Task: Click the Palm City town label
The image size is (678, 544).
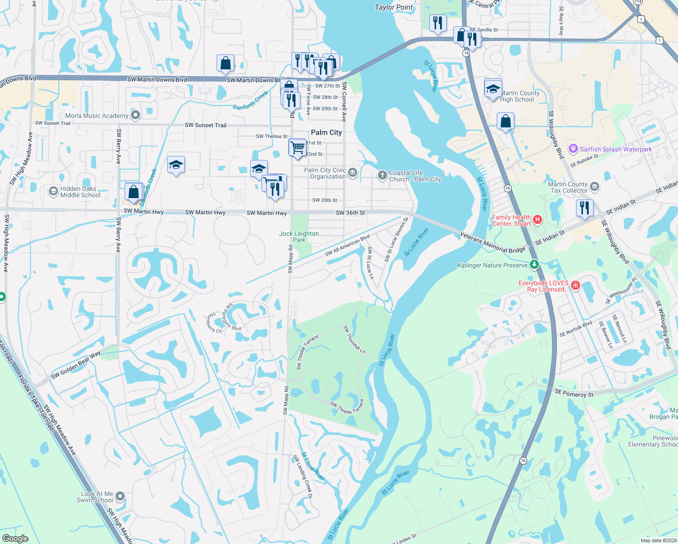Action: point(326,132)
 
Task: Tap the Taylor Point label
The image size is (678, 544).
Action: point(394,7)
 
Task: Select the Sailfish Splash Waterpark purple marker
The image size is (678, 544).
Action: point(573,149)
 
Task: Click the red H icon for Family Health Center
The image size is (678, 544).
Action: point(538,220)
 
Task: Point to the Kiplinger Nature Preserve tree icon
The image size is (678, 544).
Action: point(534,264)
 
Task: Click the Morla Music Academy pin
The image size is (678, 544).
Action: point(135,115)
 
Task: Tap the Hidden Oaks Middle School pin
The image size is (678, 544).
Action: point(53,191)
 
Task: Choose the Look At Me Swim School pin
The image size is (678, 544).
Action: point(120,496)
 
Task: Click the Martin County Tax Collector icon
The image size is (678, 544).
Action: point(595,186)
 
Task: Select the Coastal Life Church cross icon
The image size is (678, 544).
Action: point(382,175)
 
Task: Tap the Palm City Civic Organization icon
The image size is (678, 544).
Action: point(353,173)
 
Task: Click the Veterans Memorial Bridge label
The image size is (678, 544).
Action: point(493,243)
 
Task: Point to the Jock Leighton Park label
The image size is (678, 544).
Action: point(299,237)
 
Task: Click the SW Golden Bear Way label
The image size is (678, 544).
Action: point(76,365)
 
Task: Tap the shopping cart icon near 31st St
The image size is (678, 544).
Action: point(297,147)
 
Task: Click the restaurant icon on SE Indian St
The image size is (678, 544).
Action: point(585,208)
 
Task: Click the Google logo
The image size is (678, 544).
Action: point(15,539)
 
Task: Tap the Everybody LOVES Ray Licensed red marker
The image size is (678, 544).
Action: point(576,285)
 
